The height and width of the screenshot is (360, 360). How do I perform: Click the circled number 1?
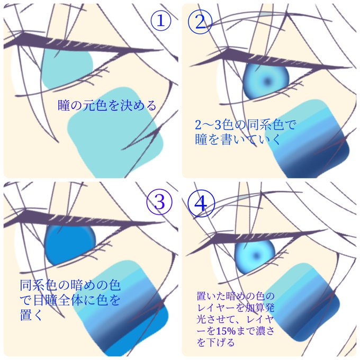click(x=161, y=21)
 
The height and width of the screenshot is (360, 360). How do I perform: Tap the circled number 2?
click(x=200, y=22)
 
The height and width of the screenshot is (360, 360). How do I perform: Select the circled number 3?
click(x=159, y=202)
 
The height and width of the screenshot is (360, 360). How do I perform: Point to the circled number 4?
click(x=201, y=203)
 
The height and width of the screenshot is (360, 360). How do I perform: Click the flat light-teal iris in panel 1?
click(x=67, y=69)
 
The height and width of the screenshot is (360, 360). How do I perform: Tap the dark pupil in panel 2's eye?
click(x=267, y=81)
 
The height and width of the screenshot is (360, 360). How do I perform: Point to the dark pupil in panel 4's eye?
click(x=256, y=255)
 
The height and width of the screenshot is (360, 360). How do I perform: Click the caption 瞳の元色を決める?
click(x=107, y=105)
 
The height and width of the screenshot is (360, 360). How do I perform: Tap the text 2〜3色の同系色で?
click(x=245, y=125)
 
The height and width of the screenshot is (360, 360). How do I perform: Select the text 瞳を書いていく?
click(x=238, y=139)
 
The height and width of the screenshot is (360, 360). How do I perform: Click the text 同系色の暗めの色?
click(x=70, y=285)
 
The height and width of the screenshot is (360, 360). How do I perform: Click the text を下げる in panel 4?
click(x=215, y=343)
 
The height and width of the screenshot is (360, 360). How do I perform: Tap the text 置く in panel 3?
click(x=31, y=314)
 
